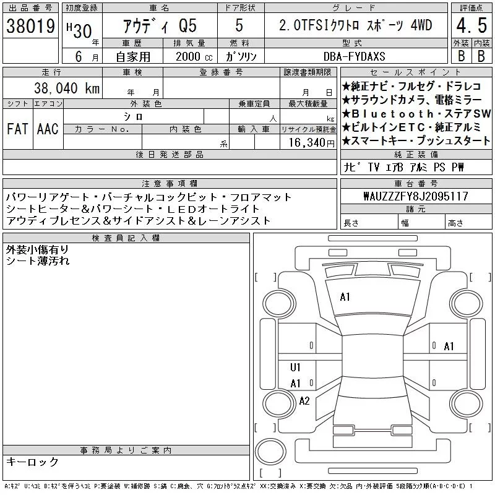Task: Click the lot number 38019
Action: coord(30,26)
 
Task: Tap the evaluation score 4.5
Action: coord(471,25)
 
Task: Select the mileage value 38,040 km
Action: coord(67,88)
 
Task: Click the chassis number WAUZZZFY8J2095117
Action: coord(416,196)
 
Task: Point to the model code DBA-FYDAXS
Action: coord(354,56)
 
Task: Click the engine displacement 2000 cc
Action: coord(194,56)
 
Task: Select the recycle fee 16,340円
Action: coord(311,143)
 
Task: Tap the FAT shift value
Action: coord(17,129)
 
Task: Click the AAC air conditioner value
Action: coord(48,129)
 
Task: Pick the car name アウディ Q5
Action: coord(160,26)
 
